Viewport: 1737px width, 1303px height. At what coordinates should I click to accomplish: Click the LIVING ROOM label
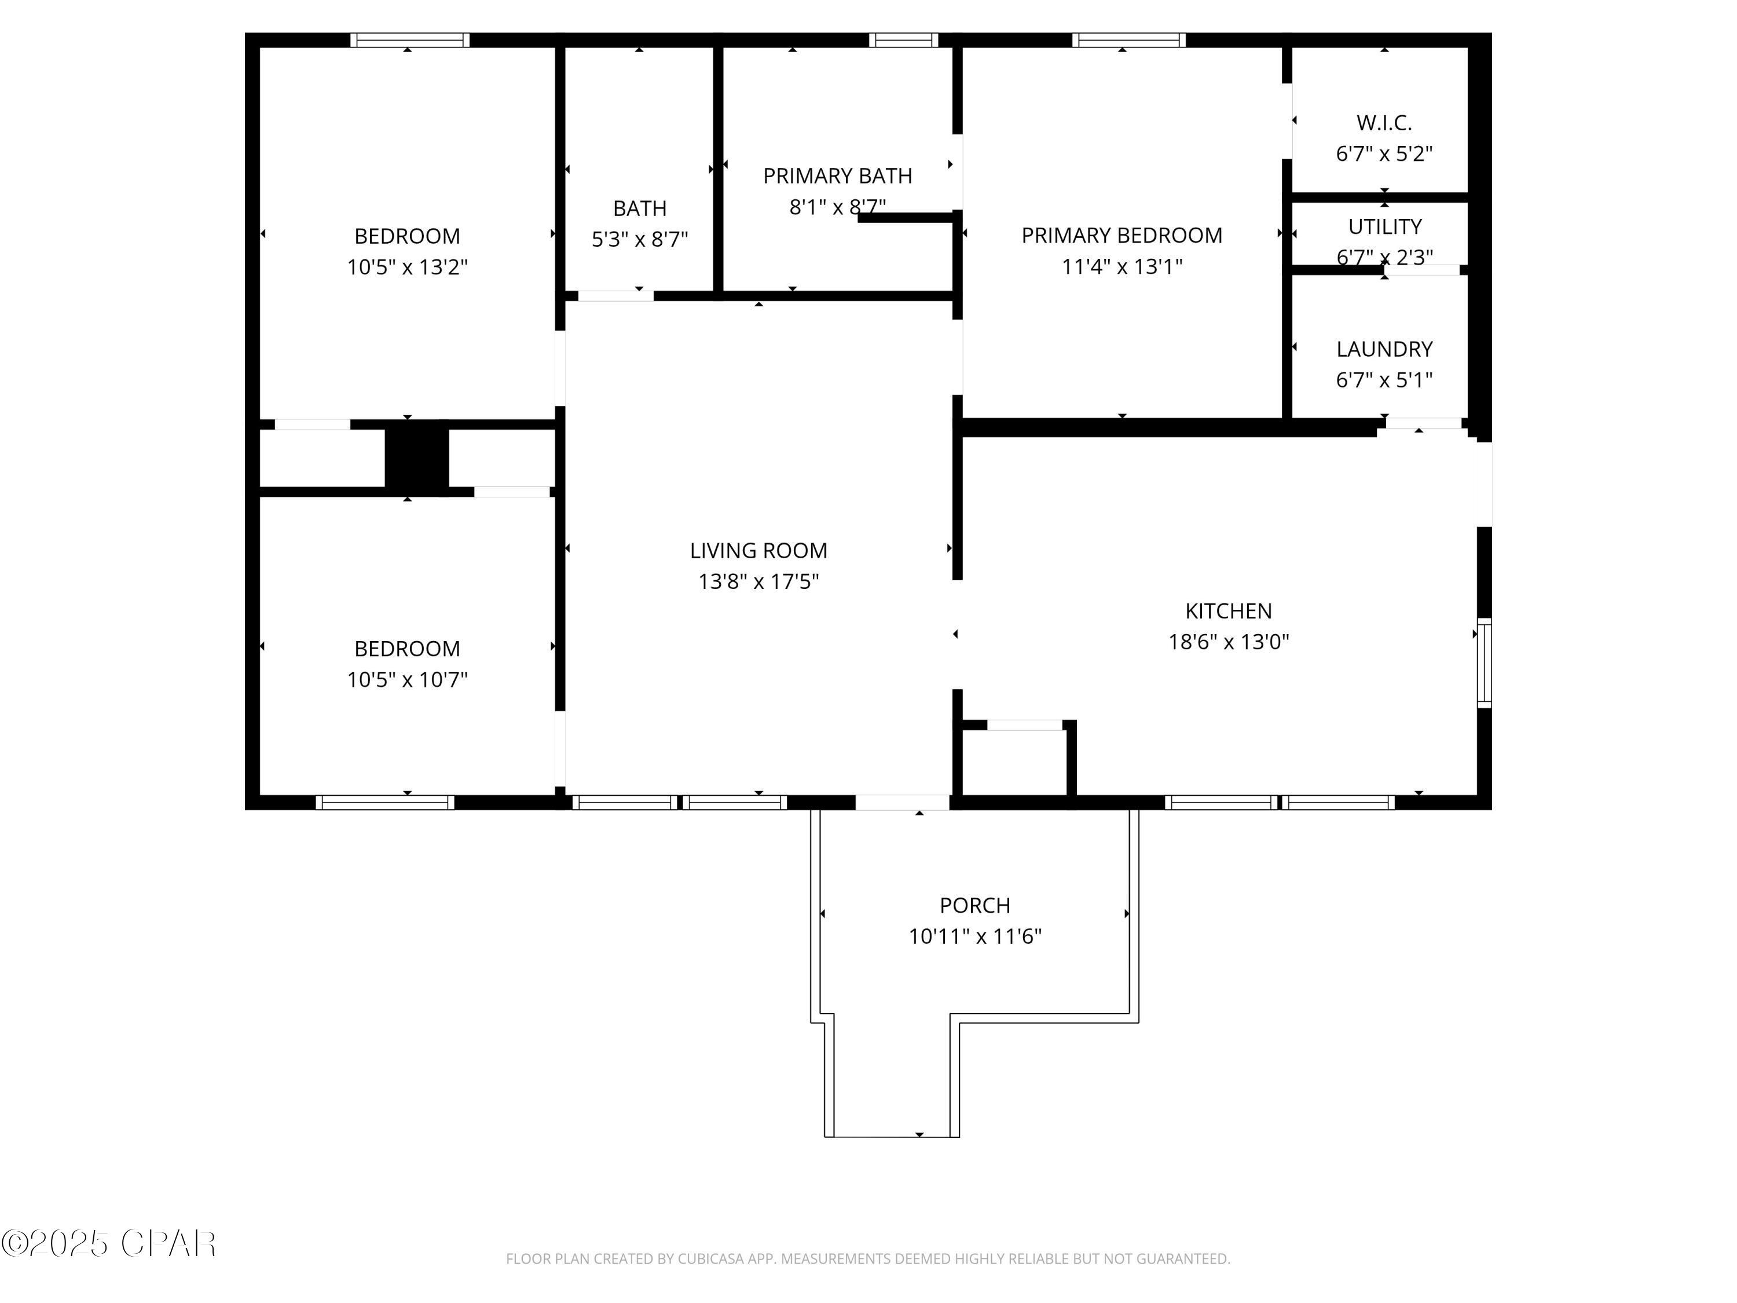tap(758, 551)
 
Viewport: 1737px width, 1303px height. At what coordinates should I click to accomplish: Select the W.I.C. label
tap(1384, 123)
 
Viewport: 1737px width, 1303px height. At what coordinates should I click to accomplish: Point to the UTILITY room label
tap(1384, 226)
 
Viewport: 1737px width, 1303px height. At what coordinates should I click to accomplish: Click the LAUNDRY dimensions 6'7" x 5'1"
tap(1384, 380)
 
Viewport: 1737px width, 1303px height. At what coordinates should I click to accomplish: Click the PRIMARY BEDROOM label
tap(1122, 235)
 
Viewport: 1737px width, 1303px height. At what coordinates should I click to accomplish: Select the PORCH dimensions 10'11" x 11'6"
tap(974, 936)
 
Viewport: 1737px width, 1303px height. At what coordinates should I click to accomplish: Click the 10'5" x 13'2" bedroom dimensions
tap(407, 267)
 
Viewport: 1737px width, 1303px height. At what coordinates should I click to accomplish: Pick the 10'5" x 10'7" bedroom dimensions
tap(407, 679)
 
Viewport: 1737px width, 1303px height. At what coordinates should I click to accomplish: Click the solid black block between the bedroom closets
tap(416, 458)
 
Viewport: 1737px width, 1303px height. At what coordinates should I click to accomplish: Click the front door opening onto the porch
tap(902, 802)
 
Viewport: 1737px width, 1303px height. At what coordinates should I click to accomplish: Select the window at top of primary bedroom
tap(1128, 40)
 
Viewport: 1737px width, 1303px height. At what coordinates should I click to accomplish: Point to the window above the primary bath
tap(903, 40)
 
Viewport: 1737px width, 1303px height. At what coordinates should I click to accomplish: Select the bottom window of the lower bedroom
tap(385, 802)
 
